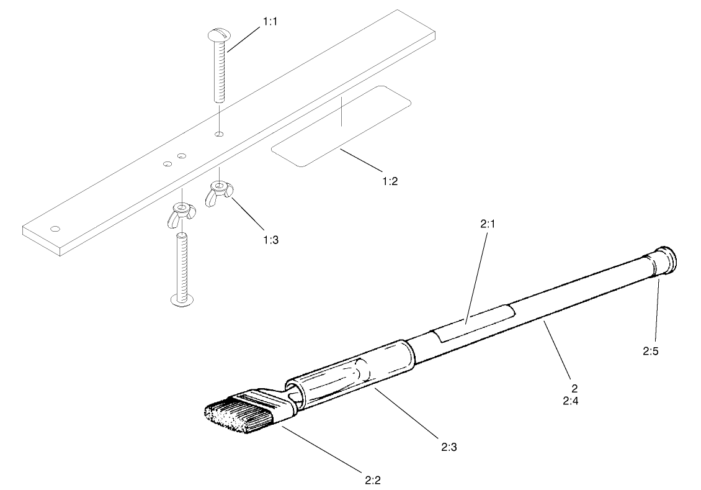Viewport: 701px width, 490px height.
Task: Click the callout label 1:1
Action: click(x=270, y=20)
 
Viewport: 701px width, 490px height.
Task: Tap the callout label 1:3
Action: click(x=270, y=239)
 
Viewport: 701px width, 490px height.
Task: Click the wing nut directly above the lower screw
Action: click(x=181, y=212)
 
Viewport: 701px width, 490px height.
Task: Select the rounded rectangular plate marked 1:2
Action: click(x=341, y=126)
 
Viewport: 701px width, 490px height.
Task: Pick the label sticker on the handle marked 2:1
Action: click(x=473, y=322)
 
